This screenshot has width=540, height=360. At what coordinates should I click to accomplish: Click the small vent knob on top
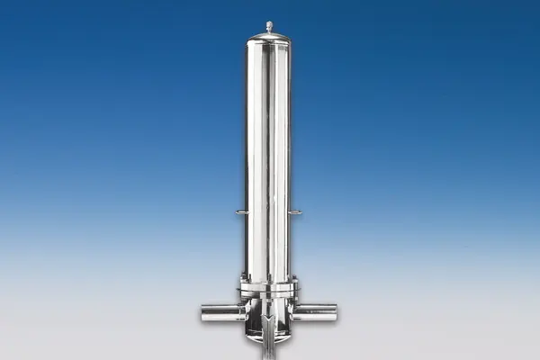[x=269, y=26]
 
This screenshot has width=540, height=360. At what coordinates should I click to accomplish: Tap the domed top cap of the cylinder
[x=269, y=36]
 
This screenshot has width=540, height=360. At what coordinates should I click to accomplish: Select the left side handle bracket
[x=241, y=212]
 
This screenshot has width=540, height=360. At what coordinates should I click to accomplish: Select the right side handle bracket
[x=296, y=212]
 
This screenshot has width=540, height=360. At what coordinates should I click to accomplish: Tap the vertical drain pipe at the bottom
[x=269, y=349]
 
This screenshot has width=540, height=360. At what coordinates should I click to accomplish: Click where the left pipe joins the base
[x=244, y=312]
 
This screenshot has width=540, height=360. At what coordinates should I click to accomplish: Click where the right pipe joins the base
[x=294, y=312]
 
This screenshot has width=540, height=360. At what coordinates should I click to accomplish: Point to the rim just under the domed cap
[x=269, y=42]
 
